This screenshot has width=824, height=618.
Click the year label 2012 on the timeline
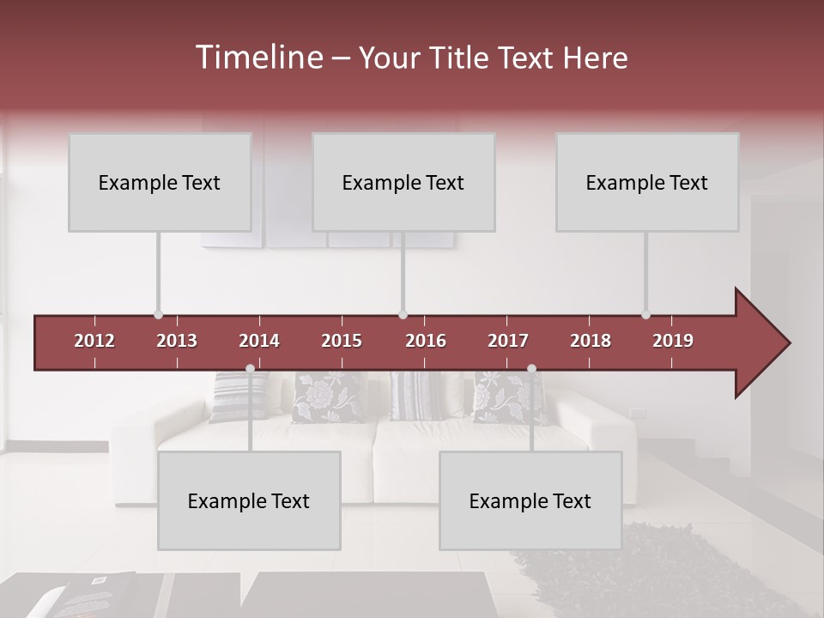[94, 341]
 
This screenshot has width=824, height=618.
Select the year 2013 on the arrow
[177, 341]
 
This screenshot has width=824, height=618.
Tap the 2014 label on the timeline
[259, 341]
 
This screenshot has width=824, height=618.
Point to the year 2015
[342, 341]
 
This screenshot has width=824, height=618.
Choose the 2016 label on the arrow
[426, 341]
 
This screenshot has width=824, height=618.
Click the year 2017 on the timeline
[508, 341]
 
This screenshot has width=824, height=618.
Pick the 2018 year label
[591, 341]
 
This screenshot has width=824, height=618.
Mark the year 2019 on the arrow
[673, 341]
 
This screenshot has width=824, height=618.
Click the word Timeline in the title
[257, 58]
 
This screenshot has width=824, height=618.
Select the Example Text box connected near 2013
[160, 182]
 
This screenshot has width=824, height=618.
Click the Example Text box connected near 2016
[403, 182]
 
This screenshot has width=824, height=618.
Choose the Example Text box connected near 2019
[647, 182]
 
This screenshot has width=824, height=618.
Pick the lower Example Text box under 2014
[249, 500]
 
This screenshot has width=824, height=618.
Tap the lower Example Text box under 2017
[530, 500]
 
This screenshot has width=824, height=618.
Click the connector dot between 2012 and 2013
[158, 315]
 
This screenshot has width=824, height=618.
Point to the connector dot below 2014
[250, 369]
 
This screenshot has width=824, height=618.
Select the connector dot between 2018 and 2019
[645, 315]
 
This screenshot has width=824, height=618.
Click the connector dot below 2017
[531, 369]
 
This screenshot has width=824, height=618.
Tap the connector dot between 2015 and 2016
[403, 315]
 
